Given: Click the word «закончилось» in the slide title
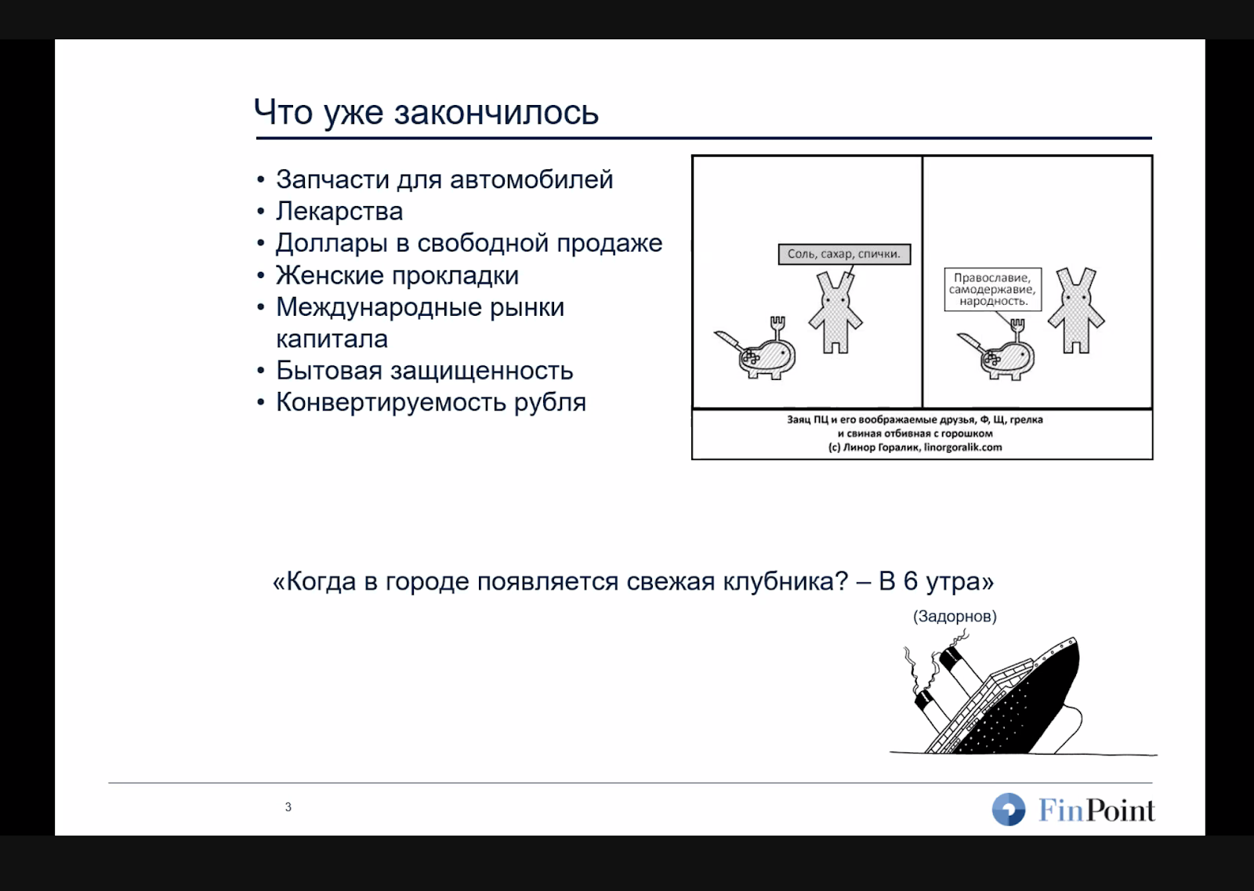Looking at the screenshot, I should [495, 113].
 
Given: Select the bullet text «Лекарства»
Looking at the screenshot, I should [339, 212].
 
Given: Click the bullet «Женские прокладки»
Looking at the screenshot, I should [397, 276].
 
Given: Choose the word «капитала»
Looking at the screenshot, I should [332, 339].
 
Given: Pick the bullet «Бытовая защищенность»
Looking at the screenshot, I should [424, 371].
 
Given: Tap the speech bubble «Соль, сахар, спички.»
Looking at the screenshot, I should [843, 254].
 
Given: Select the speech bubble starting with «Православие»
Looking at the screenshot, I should [992, 289].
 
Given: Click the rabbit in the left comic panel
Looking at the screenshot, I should [835, 311].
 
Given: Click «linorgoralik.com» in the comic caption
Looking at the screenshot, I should [962, 447].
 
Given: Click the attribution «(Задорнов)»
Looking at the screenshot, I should [954, 617].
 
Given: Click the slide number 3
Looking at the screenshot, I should [288, 807].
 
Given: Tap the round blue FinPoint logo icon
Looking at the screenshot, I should [1008, 810].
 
